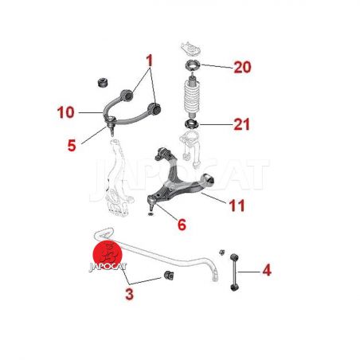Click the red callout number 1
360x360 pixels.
point(150,61)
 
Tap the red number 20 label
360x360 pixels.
point(242,67)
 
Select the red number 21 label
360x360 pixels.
point(241,124)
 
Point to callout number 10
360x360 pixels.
point(66,112)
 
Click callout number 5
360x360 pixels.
point(72,146)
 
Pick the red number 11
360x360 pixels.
point(237,205)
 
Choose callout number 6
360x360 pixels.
point(182,225)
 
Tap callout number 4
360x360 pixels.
point(267,270)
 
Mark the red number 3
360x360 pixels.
point(129,294)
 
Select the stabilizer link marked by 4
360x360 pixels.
point(233,272)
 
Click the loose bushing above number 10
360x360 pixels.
point(102,83)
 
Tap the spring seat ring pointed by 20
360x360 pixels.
point(192,65)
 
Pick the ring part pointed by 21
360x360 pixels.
point(191,124)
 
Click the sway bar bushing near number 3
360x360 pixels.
point(169,275)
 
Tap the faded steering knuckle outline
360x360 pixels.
point(116,178)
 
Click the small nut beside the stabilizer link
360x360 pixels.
point(221,252)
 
